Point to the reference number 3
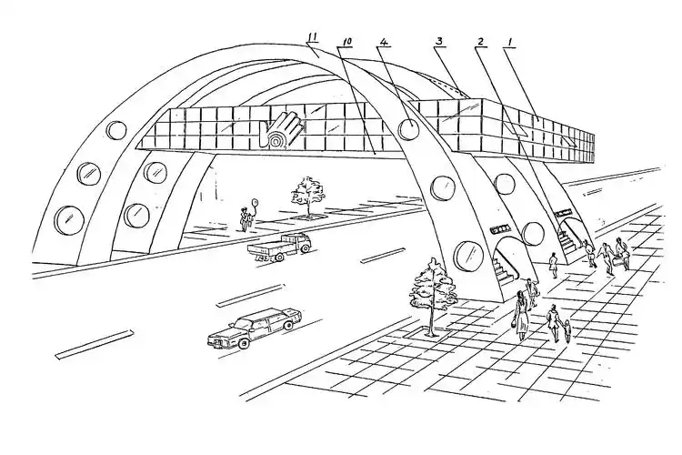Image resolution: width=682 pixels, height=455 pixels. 440,42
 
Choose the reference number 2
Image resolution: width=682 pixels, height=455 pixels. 480,42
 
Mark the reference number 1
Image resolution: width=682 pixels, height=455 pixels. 511,42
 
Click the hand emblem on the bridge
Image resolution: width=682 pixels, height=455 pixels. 283,130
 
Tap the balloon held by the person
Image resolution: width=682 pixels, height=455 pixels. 256,202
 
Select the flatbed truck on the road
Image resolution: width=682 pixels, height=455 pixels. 280,248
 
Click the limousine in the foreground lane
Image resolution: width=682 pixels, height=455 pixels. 255,327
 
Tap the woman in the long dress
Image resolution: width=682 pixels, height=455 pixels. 521,316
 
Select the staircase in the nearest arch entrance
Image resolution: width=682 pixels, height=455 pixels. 506,268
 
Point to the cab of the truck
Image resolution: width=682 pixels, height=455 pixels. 299,242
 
